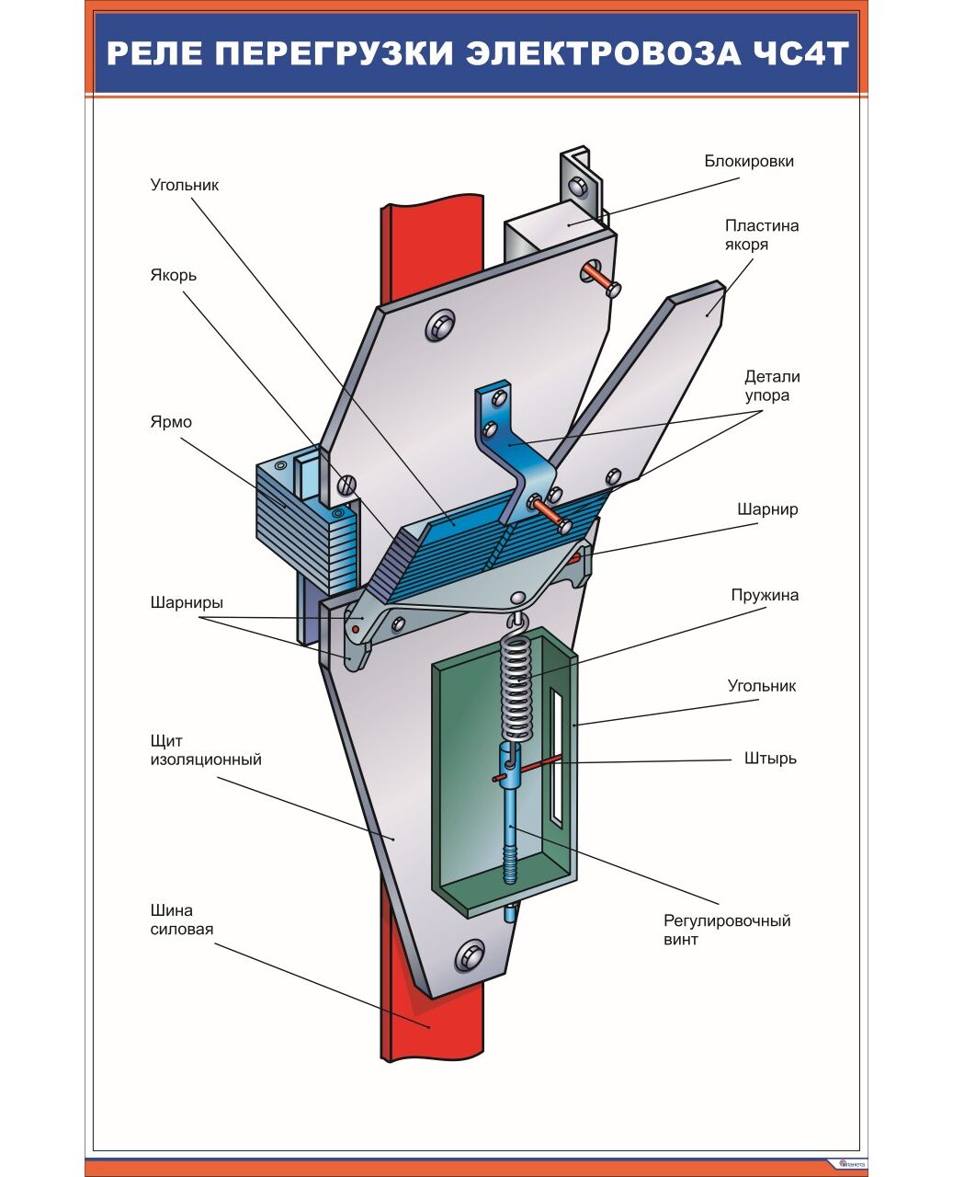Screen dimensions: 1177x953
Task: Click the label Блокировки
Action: point(749,162)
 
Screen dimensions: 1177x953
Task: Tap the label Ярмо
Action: point(171,422)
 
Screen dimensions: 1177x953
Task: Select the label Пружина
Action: point(765,595)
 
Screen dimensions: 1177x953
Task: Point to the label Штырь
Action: point(770,759)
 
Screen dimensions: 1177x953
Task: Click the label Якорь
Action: point(174,275)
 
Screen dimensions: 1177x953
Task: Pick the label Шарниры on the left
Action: point(187,603)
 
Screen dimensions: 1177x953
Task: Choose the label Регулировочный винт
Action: point(726,930)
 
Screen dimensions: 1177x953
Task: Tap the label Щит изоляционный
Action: point(206,750)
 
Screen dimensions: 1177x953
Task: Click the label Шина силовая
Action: point(182,920)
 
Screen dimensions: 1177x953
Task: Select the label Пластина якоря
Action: point(762,234)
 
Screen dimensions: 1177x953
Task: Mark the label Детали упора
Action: point(772,386)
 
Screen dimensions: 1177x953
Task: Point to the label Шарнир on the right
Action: point(767,509)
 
